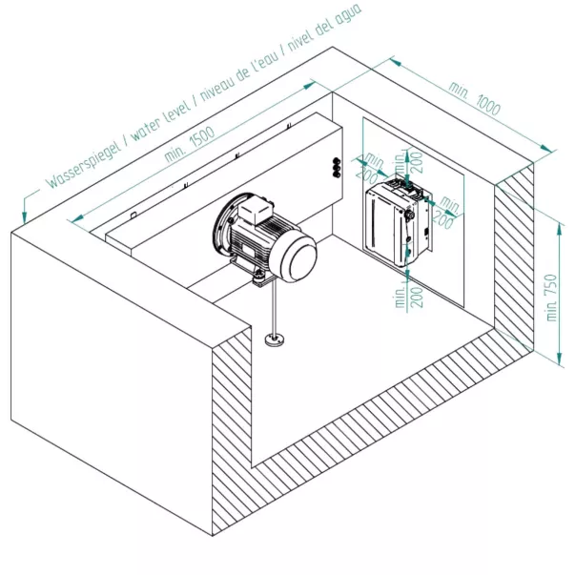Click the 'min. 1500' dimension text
[x=189, y=141]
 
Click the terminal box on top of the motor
[x=250, y=203]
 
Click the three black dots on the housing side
[x=336, y=168]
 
